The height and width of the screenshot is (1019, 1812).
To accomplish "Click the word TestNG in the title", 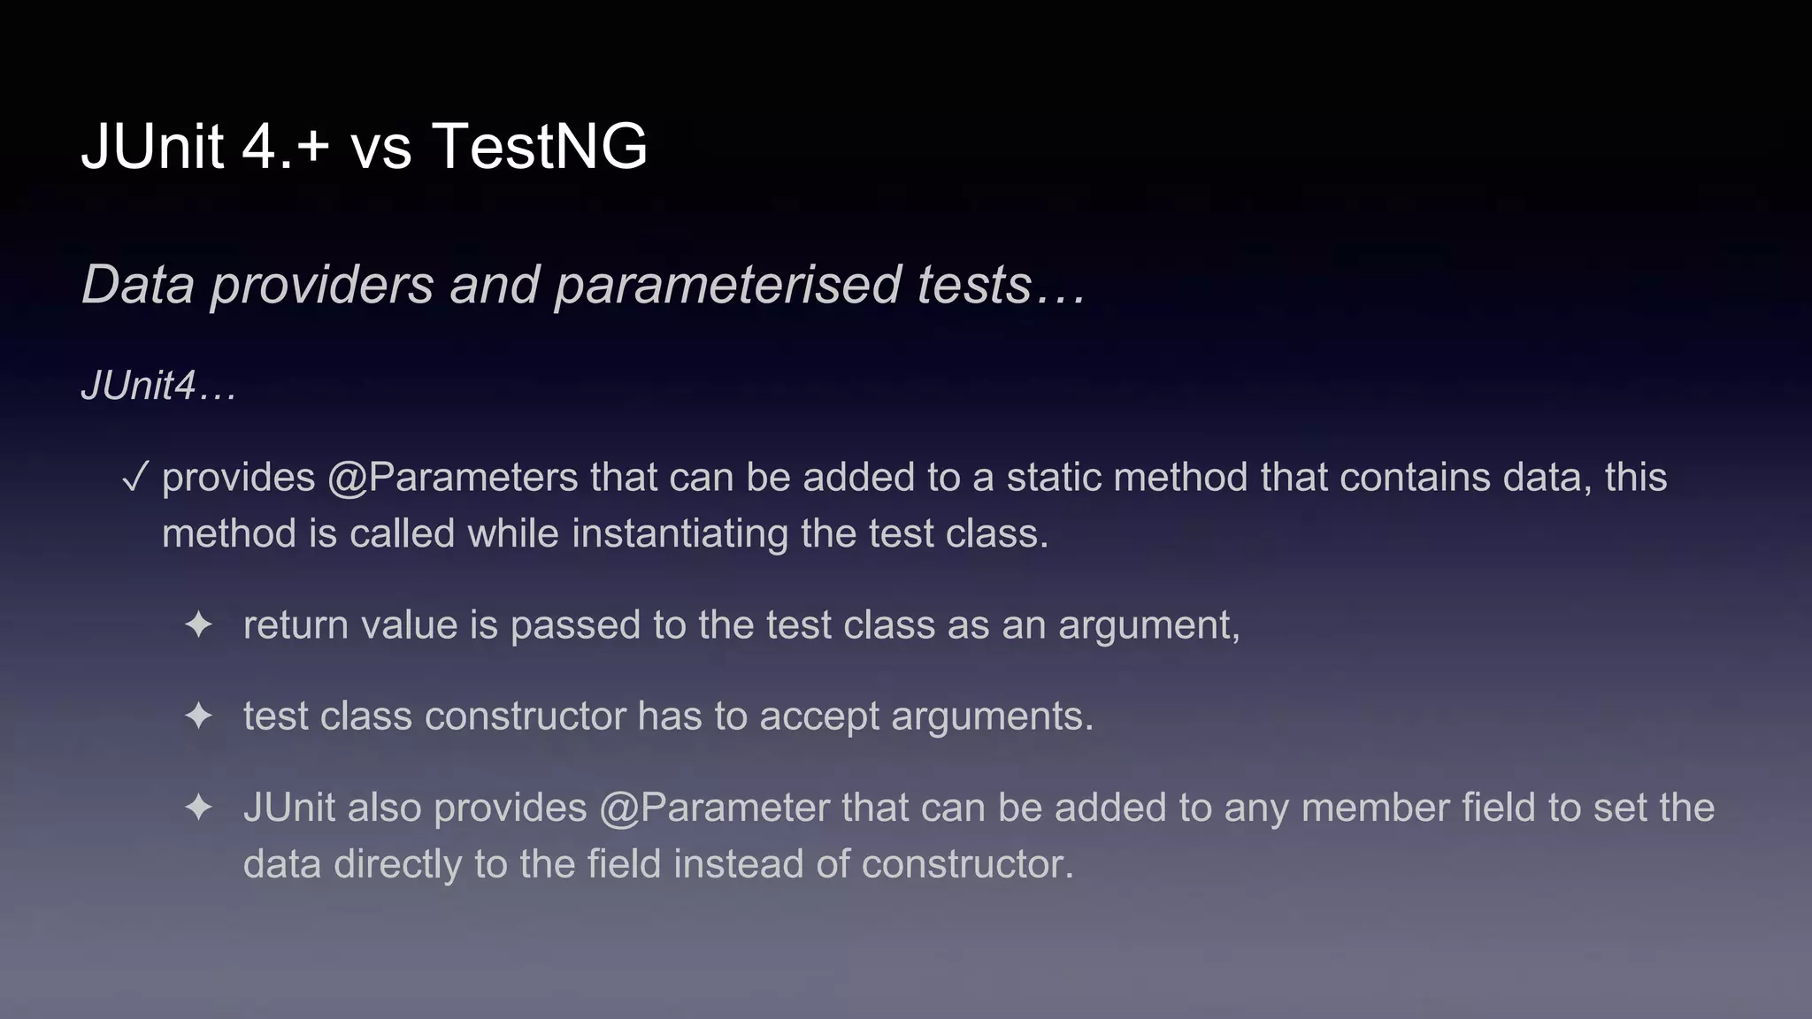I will click(x=539, y=146).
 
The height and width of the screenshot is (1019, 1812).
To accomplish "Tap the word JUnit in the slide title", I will click(x=151, y=146).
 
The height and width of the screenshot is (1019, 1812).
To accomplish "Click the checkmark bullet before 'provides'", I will click(x=134, y=479).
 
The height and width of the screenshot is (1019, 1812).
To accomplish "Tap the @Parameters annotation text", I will click(x=452, y=479).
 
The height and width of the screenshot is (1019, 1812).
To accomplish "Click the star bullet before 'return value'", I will click(x=198, y=625).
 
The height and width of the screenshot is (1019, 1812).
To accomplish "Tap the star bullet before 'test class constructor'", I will click(x=198, y=716).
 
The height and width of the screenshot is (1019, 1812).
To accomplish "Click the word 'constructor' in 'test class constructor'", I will click(x=526, y=716).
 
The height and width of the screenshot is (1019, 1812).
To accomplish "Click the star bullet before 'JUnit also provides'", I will click(x=198, y=808).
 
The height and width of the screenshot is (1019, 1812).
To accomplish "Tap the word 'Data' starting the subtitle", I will click(x=138, y=285).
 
